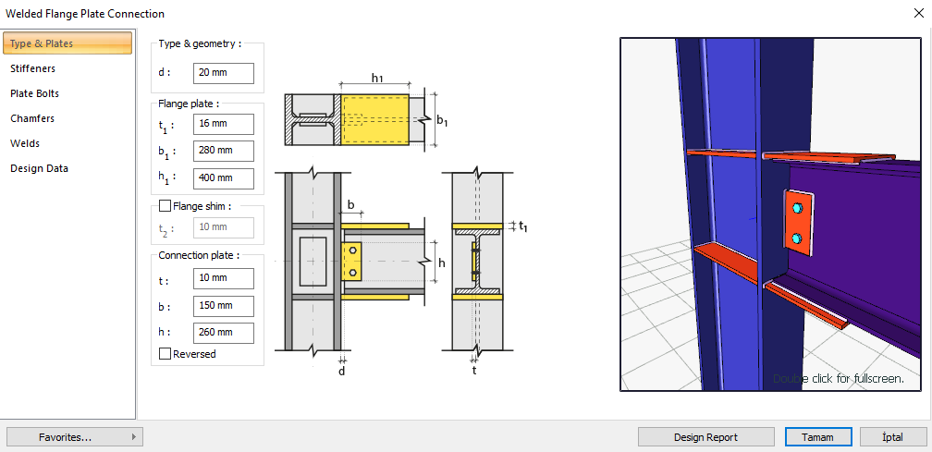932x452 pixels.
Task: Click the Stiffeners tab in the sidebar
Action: [33, 68]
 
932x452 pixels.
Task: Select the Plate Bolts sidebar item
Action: [35, 93]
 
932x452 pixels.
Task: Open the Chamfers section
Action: [32, 118]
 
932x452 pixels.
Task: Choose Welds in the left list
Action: [25, 143]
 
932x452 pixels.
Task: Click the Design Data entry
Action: [40, 168]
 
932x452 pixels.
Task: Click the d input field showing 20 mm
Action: [223, 73]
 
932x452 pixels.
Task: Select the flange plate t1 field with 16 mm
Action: [223, 123]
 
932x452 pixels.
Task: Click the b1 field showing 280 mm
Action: [223, 151]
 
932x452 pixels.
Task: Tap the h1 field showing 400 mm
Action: [223, 178]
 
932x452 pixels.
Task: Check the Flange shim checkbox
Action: [166, 206]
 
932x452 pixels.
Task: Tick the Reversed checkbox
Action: [166, 354]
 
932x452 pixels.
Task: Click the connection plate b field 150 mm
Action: [223, 306]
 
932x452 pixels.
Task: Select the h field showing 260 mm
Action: [223, 333]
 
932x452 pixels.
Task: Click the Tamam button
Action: [816, 437]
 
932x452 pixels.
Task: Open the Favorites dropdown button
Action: [74, 437]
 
